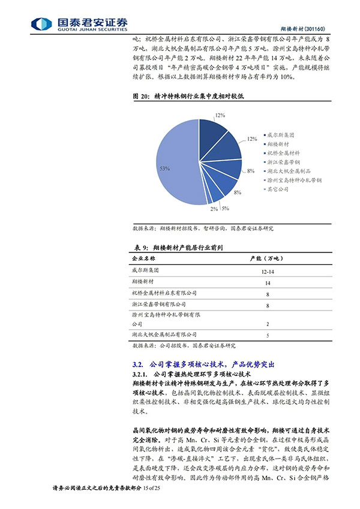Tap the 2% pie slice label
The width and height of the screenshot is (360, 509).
pyautogui.click(x=214, y=209)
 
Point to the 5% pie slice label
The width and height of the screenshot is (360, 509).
pyautogui.click(x=225, y=208)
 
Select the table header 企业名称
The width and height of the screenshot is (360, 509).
pyautogui.click(x=143, y=258)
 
